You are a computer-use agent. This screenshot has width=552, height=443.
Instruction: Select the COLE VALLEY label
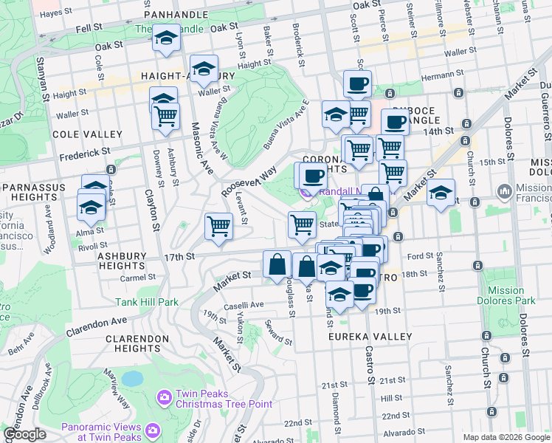point(87,134)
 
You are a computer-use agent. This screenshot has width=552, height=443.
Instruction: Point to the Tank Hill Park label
point(147,302)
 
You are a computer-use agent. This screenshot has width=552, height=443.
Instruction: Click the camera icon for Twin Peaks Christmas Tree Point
point(164,398)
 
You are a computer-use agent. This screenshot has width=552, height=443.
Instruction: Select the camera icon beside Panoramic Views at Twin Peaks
point(153,430)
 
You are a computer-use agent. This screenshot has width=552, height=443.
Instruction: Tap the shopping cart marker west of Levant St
point(218,226)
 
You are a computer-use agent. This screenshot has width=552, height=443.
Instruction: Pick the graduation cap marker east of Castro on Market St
point(441,193)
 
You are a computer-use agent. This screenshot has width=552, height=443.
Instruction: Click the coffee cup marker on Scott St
point(357,83)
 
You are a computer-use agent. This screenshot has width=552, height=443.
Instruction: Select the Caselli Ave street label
point(244,305)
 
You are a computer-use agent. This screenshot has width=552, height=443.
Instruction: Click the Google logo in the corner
point(25,434)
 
